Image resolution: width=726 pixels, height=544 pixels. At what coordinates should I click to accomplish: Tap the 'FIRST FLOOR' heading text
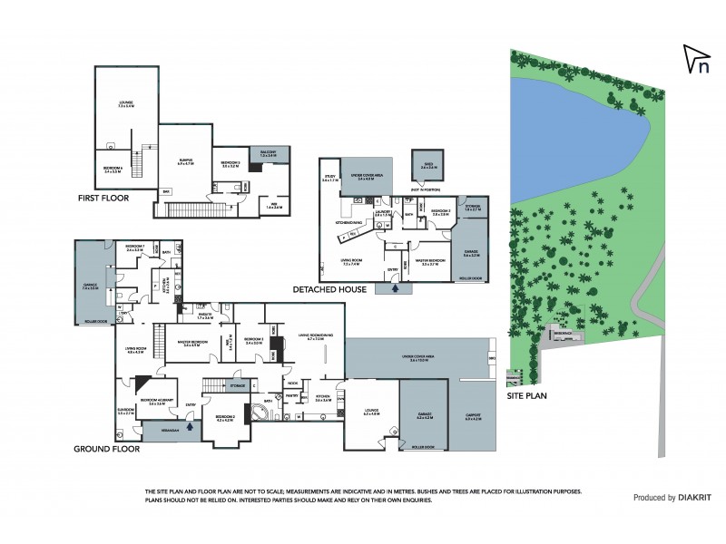pos(103,197)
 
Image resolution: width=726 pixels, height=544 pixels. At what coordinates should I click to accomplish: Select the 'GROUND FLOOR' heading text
pos(107,448)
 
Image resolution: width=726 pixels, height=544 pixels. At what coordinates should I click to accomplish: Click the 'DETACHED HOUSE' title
pos(329,289)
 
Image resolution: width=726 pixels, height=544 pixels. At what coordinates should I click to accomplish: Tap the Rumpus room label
pos(184,161)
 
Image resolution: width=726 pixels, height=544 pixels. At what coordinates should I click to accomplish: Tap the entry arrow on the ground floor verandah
pos(190,420)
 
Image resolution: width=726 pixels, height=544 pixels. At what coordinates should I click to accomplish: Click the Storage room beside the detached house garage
pos(472,208)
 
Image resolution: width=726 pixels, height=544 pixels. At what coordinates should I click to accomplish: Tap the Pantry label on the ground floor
pos(293,396)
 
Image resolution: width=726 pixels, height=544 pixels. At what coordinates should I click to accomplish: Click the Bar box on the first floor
pos(166,192)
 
